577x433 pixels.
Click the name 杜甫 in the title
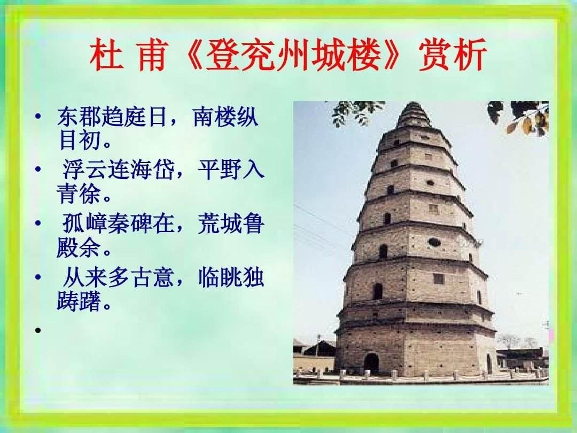[x=128, y=56]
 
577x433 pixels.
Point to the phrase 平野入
[x=231, y=171]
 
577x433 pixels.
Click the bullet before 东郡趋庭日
[x=38, y=116]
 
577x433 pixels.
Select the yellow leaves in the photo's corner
[x=529, y=123]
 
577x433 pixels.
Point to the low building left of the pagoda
[x=315, y=355]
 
